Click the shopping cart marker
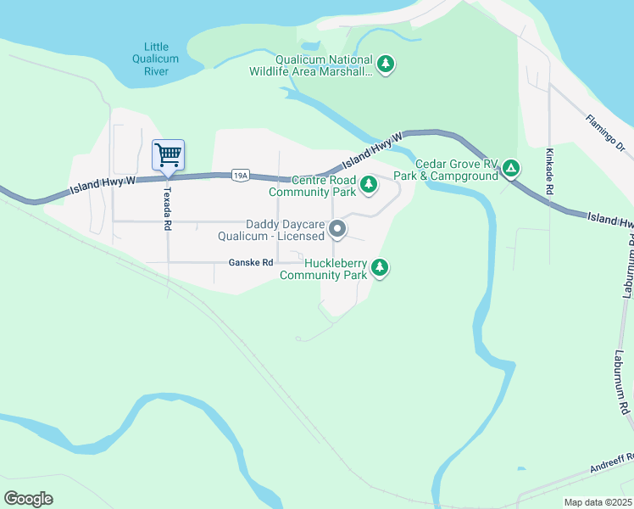pos(168,155)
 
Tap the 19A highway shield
pos(241,176)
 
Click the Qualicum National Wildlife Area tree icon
pos(386,64)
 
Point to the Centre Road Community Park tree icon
pos(369,183)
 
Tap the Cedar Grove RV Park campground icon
pos(511,168)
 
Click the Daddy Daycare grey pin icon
pos(337,229)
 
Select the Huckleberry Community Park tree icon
pos(381,267)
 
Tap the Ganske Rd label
pos(251,263)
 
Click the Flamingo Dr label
pos(605,134)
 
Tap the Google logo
pos(29,499)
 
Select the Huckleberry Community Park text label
pos(323,269)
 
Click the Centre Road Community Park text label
pos(312,186)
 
